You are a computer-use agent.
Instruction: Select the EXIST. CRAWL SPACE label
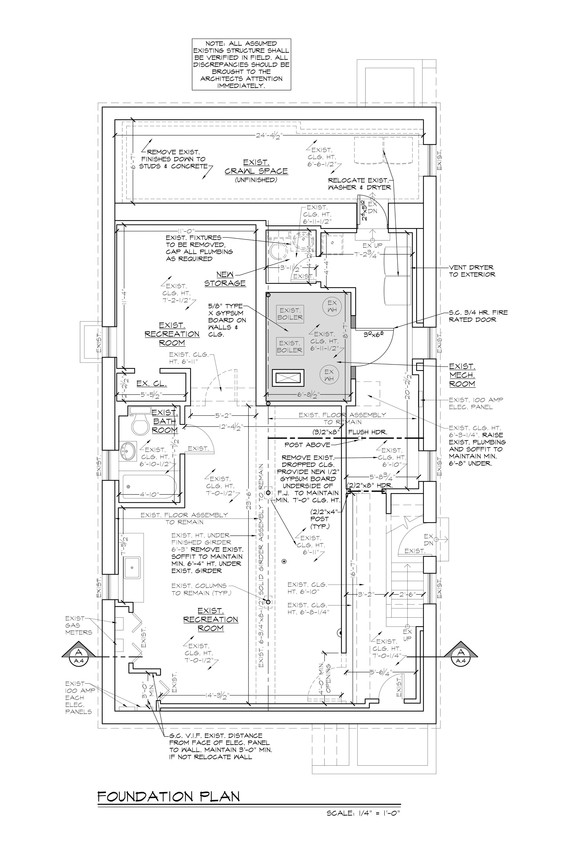256,167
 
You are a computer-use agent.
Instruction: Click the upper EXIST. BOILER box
289,314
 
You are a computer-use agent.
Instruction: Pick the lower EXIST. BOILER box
289,346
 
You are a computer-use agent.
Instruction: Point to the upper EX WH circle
332,307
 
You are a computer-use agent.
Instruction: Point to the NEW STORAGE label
225,279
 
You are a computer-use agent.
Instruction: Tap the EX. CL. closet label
151,384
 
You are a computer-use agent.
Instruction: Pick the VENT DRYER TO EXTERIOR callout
472,271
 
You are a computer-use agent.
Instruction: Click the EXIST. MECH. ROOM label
462,375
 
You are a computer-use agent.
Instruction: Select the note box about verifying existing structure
241,64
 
